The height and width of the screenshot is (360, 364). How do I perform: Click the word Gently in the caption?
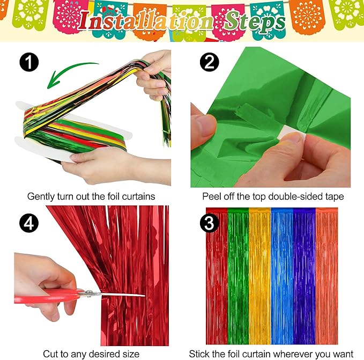pyautogui.click(x=41, y=196)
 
